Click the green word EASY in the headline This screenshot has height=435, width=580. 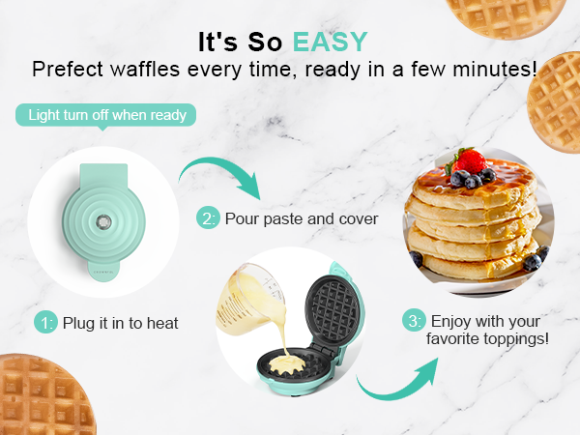pos(331,42)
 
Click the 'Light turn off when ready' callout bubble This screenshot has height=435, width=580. pos(106,115)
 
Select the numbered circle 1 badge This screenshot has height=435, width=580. pos(47,322)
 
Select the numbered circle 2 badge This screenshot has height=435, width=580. pos(208,218)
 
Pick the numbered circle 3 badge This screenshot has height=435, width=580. pos(414,320)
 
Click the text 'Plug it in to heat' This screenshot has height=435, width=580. pos(121,322)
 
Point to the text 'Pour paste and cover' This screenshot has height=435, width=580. pos(301,218)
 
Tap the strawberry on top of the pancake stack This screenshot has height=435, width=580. pos(472,160)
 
